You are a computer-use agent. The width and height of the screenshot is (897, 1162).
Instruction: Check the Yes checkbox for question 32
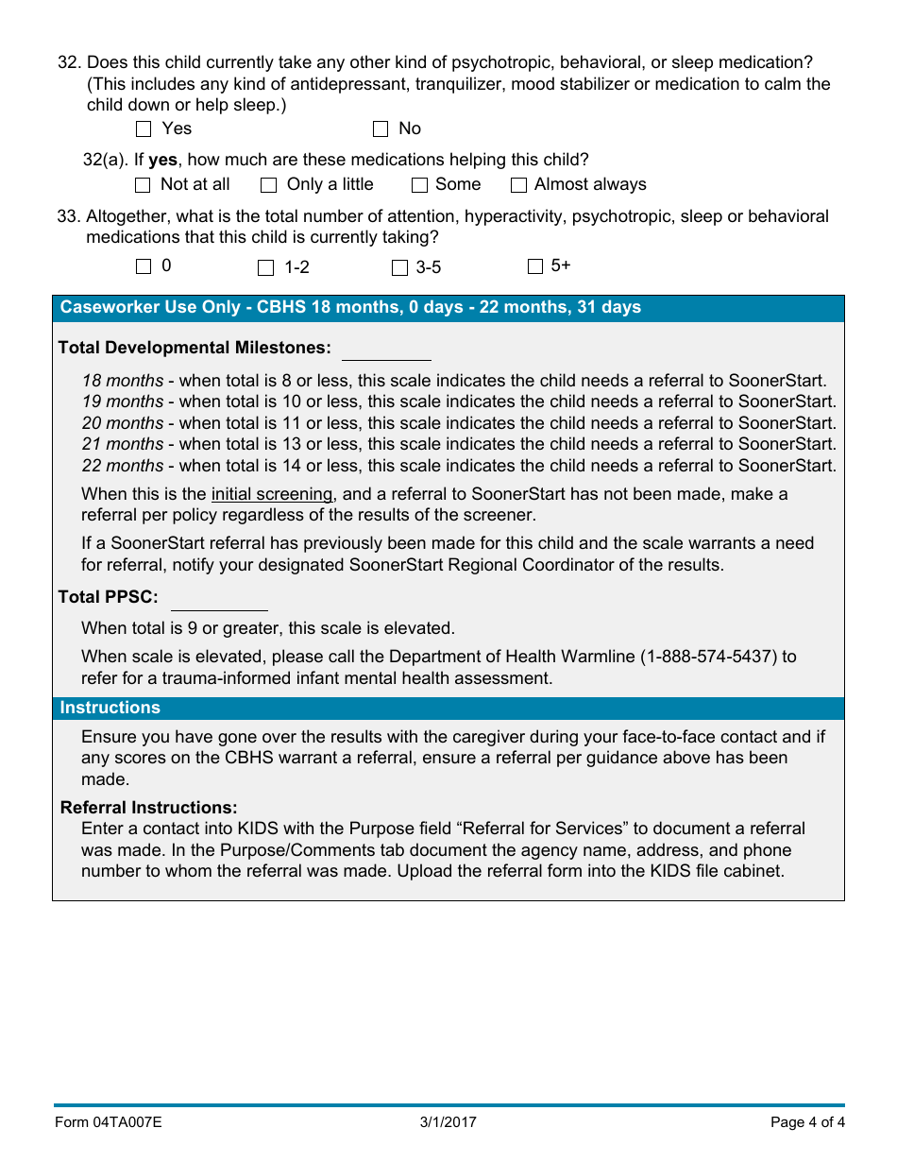click(x=144, y=129)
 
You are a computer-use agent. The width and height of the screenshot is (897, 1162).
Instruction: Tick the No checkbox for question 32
click(x=381, y=129)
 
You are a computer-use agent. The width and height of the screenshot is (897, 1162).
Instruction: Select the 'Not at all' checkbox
click(x=143, y=185)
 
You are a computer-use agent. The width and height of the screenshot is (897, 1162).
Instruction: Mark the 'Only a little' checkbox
click(x=268, y=185)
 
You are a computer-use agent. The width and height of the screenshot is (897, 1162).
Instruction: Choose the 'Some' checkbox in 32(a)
click(x=419, y=185)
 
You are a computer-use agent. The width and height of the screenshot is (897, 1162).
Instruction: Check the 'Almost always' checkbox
click(x=518, y=185)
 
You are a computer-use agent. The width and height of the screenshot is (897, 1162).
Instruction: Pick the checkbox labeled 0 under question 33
click(x=144, y=266)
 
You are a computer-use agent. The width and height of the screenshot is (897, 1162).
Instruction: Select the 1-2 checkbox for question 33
click(x=266, y=268)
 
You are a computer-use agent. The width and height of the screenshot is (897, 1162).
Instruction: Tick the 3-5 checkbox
click(x=399, y=268)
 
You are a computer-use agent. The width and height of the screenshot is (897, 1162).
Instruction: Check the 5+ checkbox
click(x=535, y=266)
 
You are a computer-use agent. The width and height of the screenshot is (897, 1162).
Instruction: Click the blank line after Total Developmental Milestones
click(x=385, y=350)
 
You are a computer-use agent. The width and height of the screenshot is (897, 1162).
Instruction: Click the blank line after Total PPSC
click(x=219, y=601)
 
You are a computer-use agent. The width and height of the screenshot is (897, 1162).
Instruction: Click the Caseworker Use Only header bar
click(x=448, y=308)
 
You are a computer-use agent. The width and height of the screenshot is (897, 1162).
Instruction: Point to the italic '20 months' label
click(x=123, y=423)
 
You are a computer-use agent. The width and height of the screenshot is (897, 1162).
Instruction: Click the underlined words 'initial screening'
click(x=272, y=494)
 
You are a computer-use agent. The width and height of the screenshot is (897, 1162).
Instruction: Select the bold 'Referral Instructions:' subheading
click(x=148, y=808)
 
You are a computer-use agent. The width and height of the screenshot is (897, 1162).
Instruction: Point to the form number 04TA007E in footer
click(x=108, y=1122)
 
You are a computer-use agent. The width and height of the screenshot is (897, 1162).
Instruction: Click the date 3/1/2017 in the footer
click(x=448, y=1122)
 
